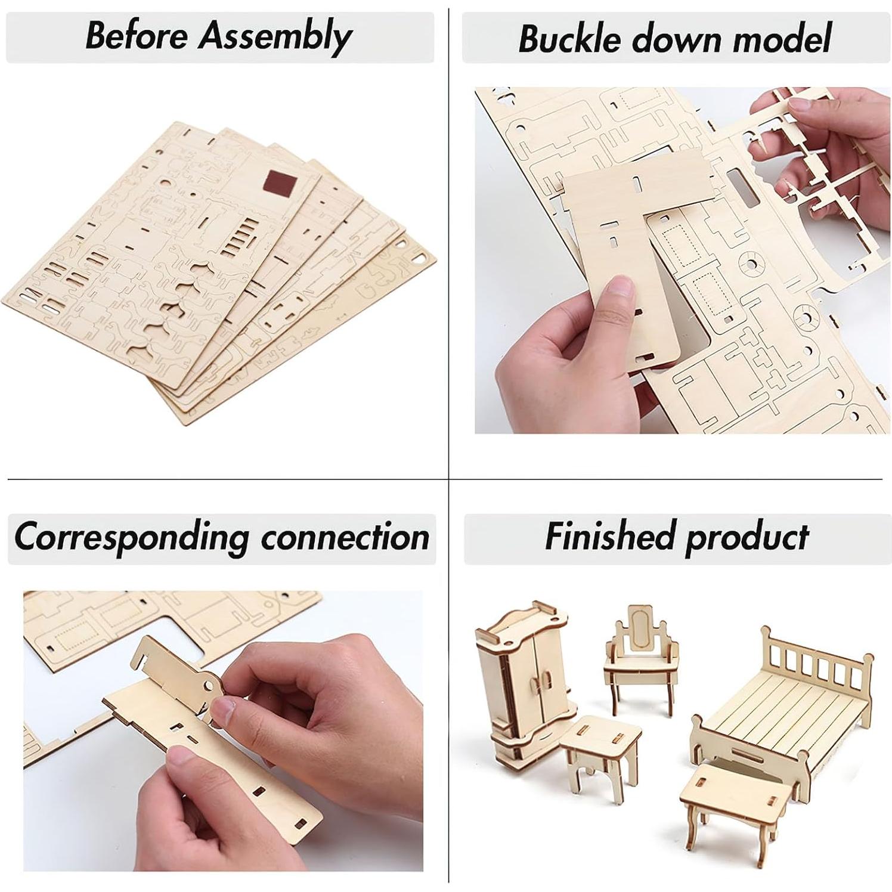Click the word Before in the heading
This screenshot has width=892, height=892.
(137, 35)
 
